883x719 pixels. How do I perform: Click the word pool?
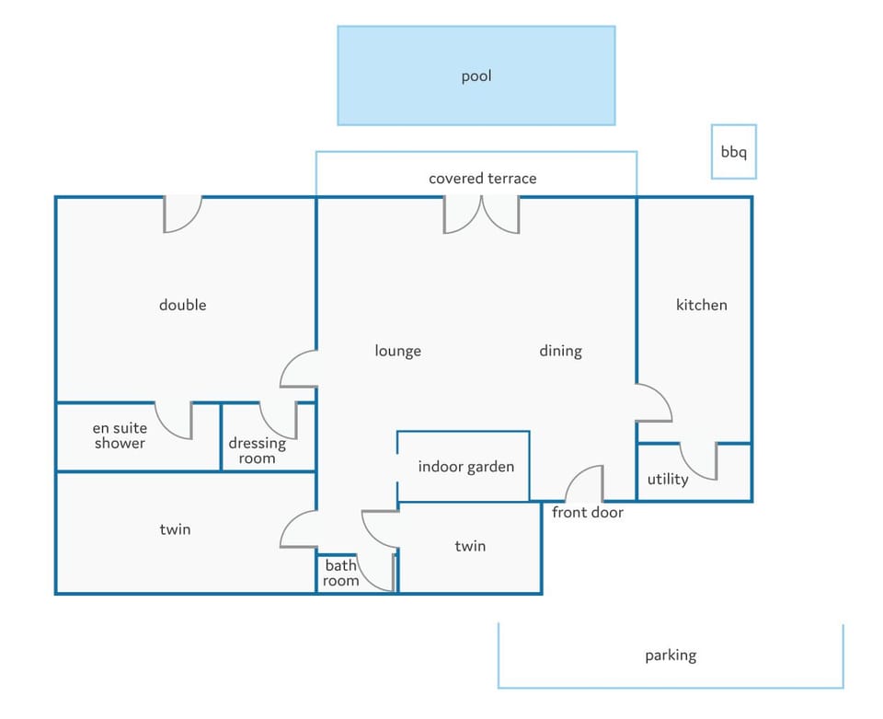(476, 76)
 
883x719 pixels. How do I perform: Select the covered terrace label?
(483, 179)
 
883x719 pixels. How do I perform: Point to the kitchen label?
(702, 305)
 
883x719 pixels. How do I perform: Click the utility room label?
(668, 480)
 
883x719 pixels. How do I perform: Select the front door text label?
(588, 512)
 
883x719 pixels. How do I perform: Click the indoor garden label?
(466, 467)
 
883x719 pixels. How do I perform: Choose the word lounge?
(398, 351)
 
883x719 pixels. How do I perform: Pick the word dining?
(561, 351)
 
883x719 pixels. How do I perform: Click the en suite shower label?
(120, 435)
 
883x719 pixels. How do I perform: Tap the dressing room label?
(258, 450)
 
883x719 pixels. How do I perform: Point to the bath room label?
(340, 573)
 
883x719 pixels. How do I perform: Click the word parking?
(671, 655)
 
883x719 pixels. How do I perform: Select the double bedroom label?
(182, 305)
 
